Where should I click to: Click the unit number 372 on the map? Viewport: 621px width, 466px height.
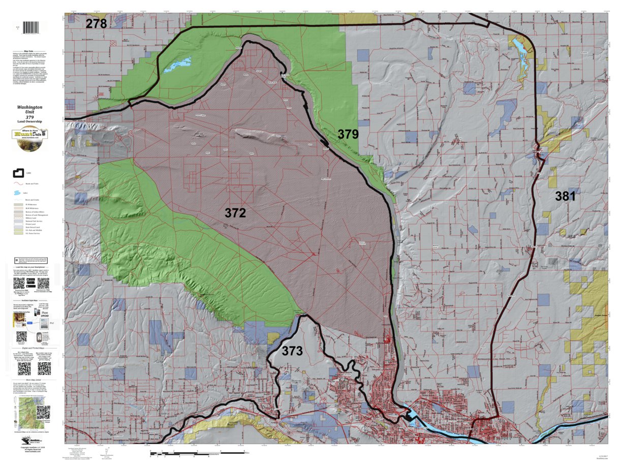click(235, 213)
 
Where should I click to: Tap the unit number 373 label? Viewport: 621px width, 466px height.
click(292, 351)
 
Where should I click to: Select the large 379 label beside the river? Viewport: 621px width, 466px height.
click(348, 135)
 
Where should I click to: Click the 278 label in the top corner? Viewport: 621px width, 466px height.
click(96, 23)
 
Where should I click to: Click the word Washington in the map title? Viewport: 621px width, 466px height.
click(29, 108)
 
